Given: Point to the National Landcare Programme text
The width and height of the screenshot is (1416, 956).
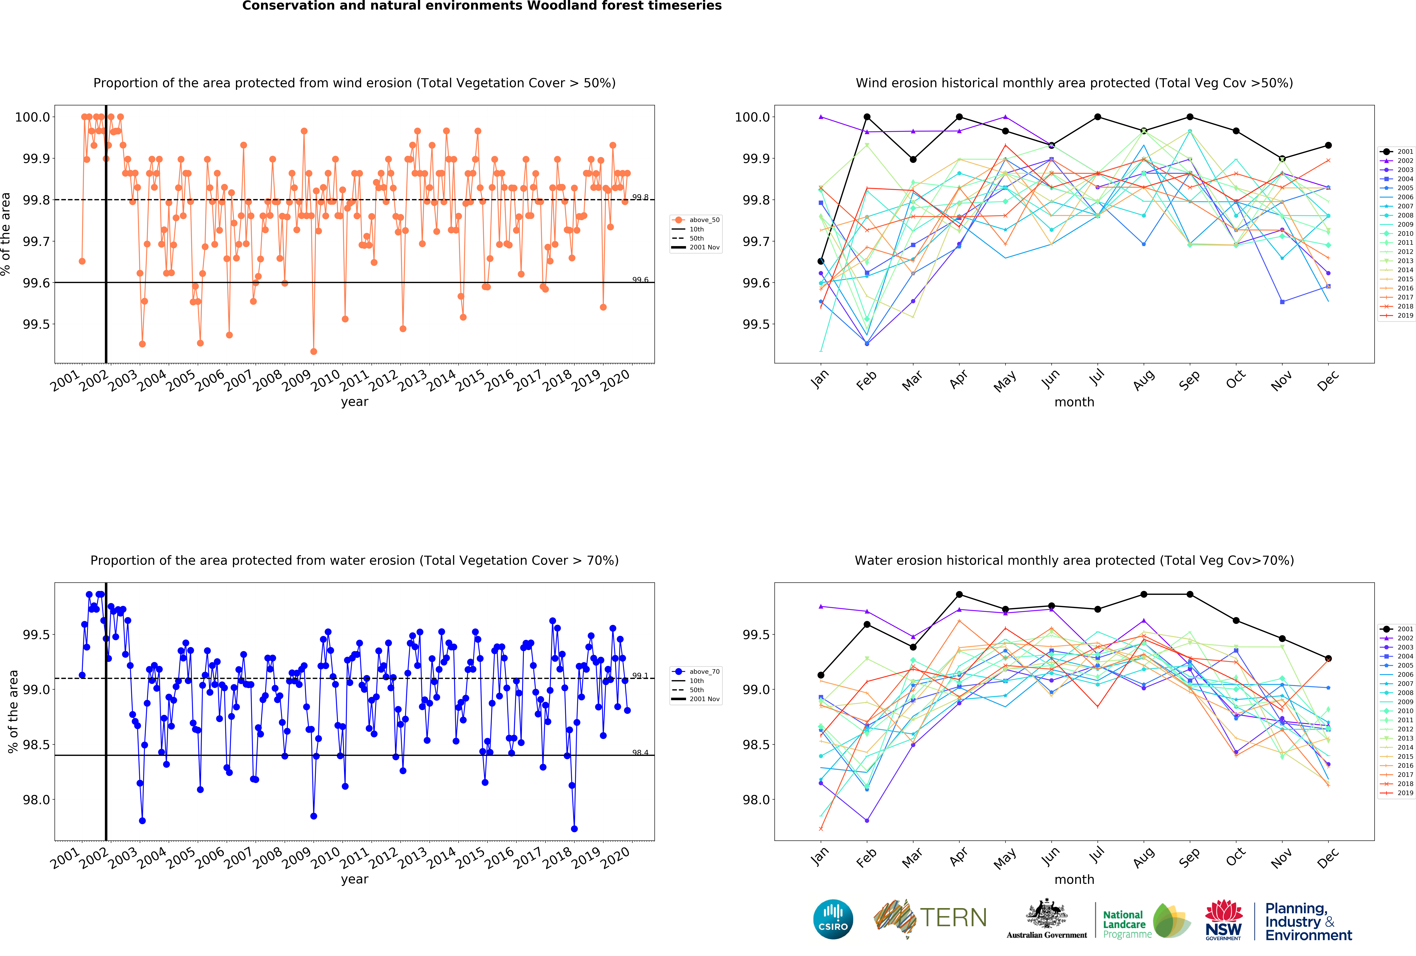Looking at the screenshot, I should (1127, 924).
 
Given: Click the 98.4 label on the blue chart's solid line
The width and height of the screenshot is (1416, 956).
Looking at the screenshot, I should (640, 753).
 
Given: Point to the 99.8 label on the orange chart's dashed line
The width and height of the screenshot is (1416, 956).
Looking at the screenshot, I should (640, 197).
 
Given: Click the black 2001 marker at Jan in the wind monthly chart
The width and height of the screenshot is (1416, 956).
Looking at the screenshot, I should (821, 261).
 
